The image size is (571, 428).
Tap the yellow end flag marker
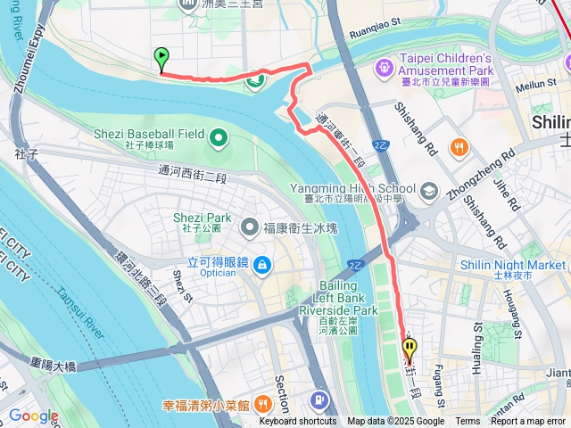click(x=410, y=349)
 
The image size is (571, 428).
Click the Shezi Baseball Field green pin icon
click(x=217, y=137)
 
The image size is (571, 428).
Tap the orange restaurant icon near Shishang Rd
click(x=459, y=147)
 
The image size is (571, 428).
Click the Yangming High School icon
click(x=429, y=189)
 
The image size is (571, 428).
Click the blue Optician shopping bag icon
click(x=261, y=264)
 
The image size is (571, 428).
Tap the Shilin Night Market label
click(x=513, y=265)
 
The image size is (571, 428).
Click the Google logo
click(x=33, y=416)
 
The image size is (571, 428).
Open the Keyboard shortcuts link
click(x=298, y=422)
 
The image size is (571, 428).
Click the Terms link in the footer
click(x=468, y=422)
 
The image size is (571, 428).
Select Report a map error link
click(x=529, y=422)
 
